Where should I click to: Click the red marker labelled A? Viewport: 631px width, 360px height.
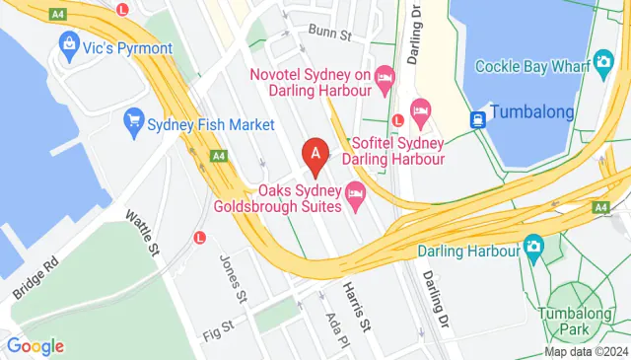(x=315, y=154)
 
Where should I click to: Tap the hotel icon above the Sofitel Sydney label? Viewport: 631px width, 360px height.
(x=421, y=108)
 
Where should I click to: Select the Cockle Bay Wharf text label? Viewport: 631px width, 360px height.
(x=530, y=66)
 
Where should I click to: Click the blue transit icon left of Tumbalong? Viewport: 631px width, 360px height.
(x=477, y=119)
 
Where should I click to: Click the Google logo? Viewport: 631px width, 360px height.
(x=35, y=345)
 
